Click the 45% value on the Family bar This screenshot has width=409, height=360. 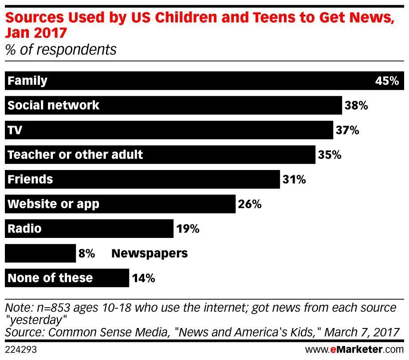coord(387,81)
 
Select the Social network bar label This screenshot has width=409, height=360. coord(54,105)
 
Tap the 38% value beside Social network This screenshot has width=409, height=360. coord(356,106)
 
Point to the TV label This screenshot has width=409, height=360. coord(15,130)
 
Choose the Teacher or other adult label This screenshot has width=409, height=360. coord(75,154)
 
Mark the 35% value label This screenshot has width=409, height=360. coord(329,155)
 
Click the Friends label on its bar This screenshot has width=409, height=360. coord(30,179)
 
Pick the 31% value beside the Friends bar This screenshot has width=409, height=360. coord(294,180)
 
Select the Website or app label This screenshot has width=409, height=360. coord(54,204)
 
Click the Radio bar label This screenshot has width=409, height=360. coord(24,229)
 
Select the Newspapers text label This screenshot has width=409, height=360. coord(149,253)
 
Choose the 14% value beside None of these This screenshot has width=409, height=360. coord(143,278)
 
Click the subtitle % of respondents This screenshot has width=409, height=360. coord(61,49)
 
